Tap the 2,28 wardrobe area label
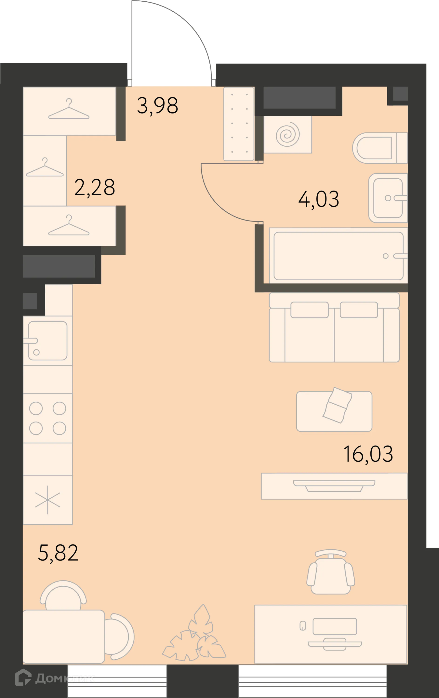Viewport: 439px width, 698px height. point(95,188)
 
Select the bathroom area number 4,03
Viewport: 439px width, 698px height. point(319,199)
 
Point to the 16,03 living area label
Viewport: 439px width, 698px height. point(368,454)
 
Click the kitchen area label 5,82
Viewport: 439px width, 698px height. point(58,553)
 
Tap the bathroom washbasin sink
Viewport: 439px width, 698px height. point(388,198)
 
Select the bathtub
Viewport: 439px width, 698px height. point(338,256)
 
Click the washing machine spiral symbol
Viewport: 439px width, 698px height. point(288,134)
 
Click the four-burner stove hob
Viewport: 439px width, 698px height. point(47,418)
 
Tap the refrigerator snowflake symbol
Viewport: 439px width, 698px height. point(47,500)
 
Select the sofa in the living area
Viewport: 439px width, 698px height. point(334,327)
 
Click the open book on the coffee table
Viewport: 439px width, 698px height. point(337,405)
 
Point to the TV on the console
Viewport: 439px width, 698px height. point(334,486)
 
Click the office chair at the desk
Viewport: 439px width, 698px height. point(331,572)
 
